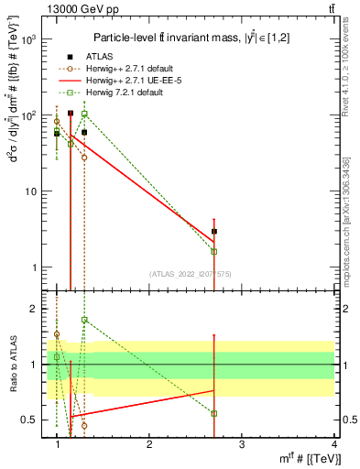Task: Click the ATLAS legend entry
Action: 99,57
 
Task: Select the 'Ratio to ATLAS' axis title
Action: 13,364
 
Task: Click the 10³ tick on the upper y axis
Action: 28,40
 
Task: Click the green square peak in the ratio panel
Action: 84,320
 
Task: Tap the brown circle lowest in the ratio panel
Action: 84,425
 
